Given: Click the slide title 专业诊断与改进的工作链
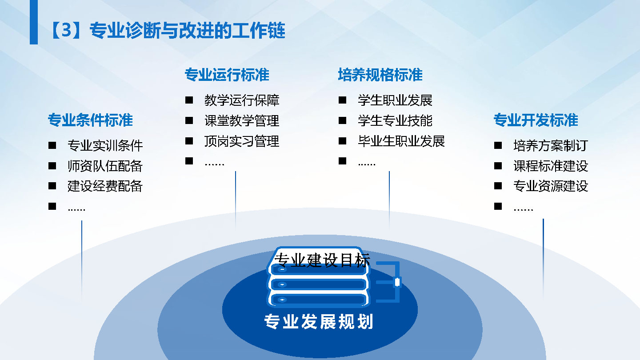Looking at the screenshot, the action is [x=188, y=30].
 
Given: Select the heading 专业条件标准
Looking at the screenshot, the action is [x=90, y=120].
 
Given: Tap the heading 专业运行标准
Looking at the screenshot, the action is [x=227, y=75].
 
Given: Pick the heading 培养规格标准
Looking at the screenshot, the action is [x=380, y=75].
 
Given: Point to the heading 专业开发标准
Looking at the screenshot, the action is [x=536, y=120].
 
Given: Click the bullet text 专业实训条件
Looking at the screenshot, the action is [x=105, y=146].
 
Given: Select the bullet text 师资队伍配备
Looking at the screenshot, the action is [x=105, y=166].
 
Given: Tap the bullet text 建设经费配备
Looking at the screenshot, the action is [x=105, y=186].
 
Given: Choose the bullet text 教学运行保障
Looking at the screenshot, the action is [x=242, y=100].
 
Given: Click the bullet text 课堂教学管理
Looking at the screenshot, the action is [x=242, y=120].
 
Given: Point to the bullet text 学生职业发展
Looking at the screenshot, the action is [x=395, y=100].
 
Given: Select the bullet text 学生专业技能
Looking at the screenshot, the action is [x=395, y=120].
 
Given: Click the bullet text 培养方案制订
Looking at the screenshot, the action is [x=551, y=146].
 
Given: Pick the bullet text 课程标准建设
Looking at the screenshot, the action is [x=551, y=166].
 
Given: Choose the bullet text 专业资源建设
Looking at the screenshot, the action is [x=551, y=186].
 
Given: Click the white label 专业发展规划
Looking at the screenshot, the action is [x=319, y=321].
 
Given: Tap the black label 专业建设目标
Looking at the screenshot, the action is [x=322, y=260].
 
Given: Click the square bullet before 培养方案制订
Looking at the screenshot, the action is [x=498, y=145].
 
